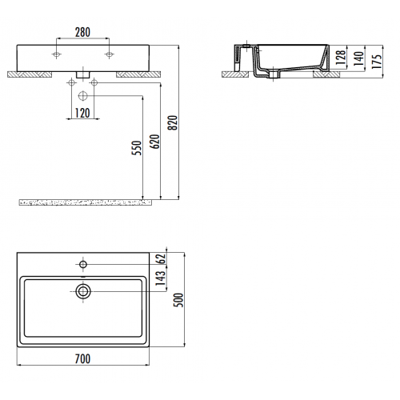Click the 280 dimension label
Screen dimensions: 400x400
[x=83, y=33]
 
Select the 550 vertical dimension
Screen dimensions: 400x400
[x=138, y=148]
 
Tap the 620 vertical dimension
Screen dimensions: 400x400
[x=154, y=142]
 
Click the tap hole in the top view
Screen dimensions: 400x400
[x=82, y=262]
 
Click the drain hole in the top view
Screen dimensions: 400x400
[x=82, y=291]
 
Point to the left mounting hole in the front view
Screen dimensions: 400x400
[x=57, y=54]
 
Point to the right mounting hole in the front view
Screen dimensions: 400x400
[x=110, y=54]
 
